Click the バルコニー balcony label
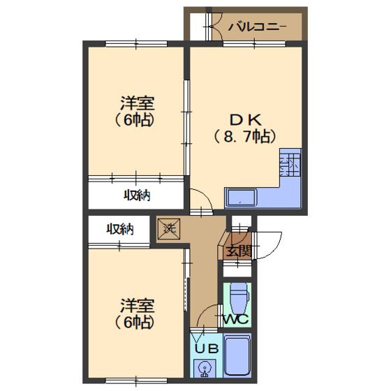pyautogui.click(x=258, y=27)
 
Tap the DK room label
pyautogui.click(x=246, y=119)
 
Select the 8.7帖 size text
pyautogui.click(x=245, y=136)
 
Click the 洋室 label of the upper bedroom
pyautogui.click(x=138, y=103)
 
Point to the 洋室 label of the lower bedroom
pyautogui.click(x=138, y=306)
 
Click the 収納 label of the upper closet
pyautogui.click(x=137, y=195)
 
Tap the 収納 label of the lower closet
pyautogui.click(x=120, y=229)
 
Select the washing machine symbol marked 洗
pyautogui.click(x=168, y=229)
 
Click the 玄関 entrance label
pyautogui.click(x=239, y=251)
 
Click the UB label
pyautogui.click(x=207, y=348)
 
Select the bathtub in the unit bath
pyautogui.click(x=237, y=355)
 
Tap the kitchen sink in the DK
pyautogui.click(x=241, y=198)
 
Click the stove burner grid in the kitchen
pyautogui.click(x=290, y=165)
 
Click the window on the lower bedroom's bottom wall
pyautogui.click(x=136, y=381)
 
